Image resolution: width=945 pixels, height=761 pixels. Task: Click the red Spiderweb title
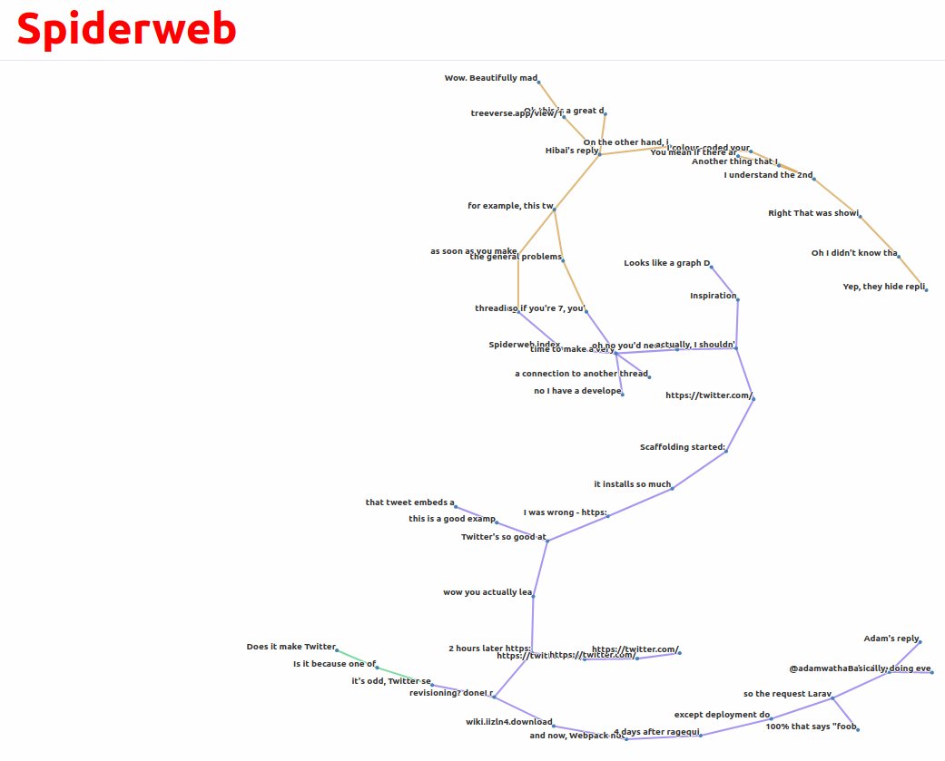click(x=126, y=29)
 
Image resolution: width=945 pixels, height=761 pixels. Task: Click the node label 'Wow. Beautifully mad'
click(x=491, y=78)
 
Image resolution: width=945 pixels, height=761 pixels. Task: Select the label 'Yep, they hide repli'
click(x=884, y=287)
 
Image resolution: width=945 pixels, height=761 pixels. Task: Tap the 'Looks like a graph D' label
click(x=666, y=263)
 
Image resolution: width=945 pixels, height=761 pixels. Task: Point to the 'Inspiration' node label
click(x=714, y=296)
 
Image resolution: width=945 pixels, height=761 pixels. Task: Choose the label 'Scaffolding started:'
click(x=683, y=447)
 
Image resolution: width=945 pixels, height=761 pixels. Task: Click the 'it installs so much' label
click(x=633, y=484)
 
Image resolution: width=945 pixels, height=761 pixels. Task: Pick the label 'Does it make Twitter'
click(x=291, y=647)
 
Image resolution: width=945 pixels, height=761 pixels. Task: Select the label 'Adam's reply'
click(x=891, y=639)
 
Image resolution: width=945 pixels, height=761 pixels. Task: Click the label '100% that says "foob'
click(x=811, y=727)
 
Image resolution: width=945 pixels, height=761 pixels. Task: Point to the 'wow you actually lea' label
click(x=487, y=592)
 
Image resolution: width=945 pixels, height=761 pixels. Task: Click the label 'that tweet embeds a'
click(x=410, y=502)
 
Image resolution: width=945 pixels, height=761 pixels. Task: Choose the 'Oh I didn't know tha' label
click(x=854, y=253)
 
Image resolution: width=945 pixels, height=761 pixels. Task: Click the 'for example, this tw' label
click(x=510, y=206)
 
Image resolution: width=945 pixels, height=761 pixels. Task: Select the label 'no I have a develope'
click(x=577, y=391)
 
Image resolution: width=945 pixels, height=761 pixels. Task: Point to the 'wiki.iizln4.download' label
click(x=509, y=722)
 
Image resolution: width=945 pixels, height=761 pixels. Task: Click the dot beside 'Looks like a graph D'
click(x=711, y=266)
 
